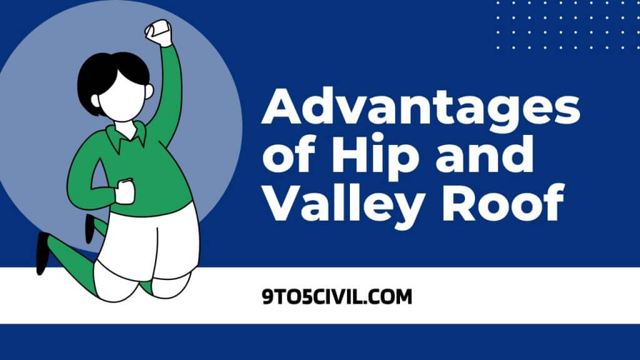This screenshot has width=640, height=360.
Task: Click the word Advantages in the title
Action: click(420, 110)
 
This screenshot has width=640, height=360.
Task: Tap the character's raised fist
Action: click(158, 32)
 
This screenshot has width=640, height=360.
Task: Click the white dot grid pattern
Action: click(562, 25)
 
